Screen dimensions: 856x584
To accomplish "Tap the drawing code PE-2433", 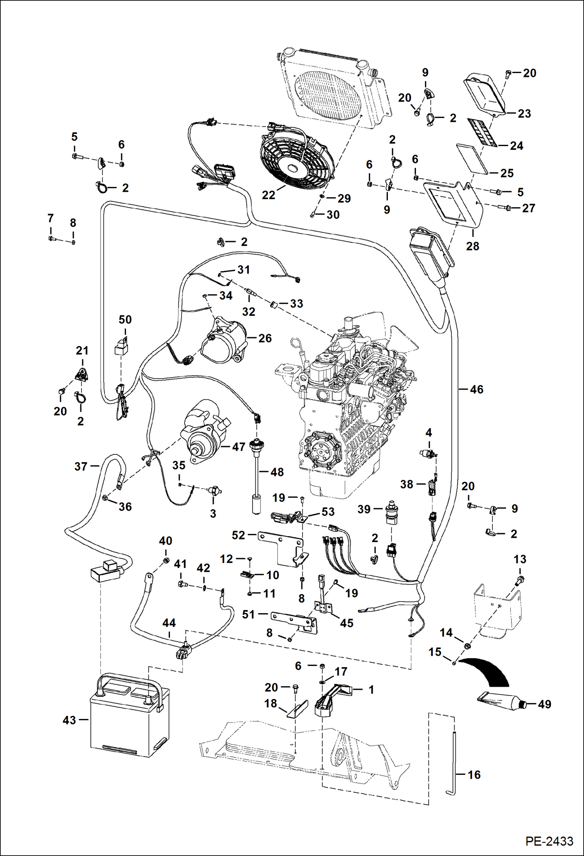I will click(x=549, y=841).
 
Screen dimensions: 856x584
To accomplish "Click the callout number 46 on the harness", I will click(x=476, y=389).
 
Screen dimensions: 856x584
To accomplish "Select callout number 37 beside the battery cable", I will click(x=81, y=466).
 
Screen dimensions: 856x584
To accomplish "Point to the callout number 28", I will click(x=473, y=246).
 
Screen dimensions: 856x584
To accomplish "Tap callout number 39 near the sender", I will click(x=364, y=509).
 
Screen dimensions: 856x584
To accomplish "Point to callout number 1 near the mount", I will click(x=371, y=690).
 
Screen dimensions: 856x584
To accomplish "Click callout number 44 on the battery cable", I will click(x=169, y=623).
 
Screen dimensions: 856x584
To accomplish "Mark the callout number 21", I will click(x=82, y=351).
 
